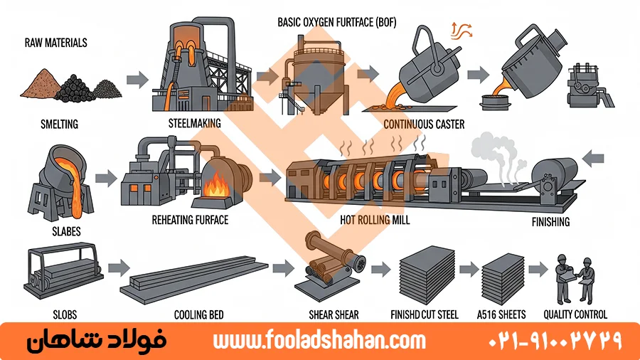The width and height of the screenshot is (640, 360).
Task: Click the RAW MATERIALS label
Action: tap(56, 43)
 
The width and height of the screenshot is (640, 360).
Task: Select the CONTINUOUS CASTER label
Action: tap(424, 125)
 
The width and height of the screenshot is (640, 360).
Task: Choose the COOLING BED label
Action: tap(201, 314)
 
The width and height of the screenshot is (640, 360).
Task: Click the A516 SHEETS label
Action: tap(503, 314)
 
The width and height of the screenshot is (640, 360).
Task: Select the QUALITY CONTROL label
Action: tap(575, 314)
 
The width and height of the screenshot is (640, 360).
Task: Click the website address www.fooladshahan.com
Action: tap(319, 341)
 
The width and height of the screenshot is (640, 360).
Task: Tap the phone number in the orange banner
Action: tap(555, 341)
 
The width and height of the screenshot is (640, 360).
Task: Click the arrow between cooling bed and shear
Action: tap(284, 268)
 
